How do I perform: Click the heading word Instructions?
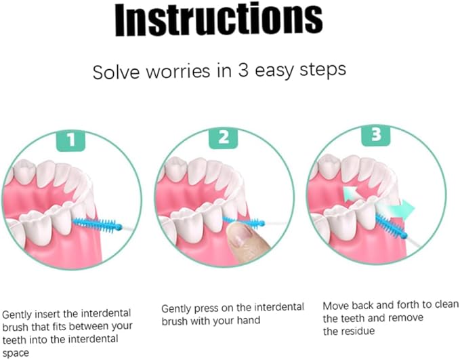tap(219, 20)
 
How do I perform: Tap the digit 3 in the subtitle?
tap(243, 71)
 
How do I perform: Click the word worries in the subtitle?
tap(178, 71)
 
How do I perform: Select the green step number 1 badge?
tap(70, 140)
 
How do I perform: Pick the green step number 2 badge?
tap(224, 138)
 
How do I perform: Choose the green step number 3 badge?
tap(376, 135)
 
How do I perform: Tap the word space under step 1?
tap(16, 353)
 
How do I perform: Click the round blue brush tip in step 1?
tap(119, 226)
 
